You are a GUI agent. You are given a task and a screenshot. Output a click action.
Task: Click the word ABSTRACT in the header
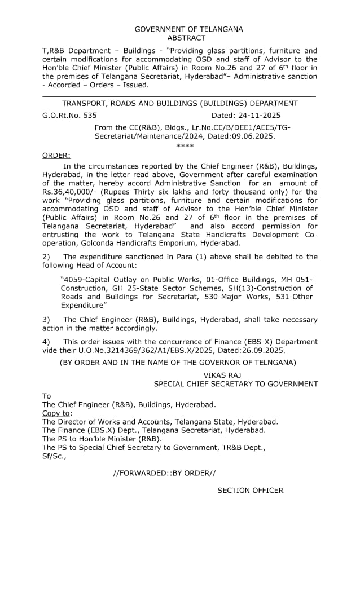tap(186, 38)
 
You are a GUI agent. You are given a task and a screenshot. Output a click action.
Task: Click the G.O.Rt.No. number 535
tap(89, 115)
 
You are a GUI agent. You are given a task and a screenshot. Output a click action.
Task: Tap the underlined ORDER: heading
tap(56, 155)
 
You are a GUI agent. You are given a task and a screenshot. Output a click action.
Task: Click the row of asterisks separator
tap(185, 146)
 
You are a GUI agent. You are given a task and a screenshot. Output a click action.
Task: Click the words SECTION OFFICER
tap(251, 490)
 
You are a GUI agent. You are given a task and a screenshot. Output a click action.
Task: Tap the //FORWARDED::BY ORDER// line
tap(164, 473)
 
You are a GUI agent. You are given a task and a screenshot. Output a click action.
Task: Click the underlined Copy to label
tap(57, 413)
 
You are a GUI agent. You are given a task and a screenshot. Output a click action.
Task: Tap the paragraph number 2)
tap(46, 257)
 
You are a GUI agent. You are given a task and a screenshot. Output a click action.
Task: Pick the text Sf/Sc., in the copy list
tap(54, 456)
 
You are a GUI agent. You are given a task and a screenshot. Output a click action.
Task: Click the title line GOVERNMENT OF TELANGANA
tap(188, 29)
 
